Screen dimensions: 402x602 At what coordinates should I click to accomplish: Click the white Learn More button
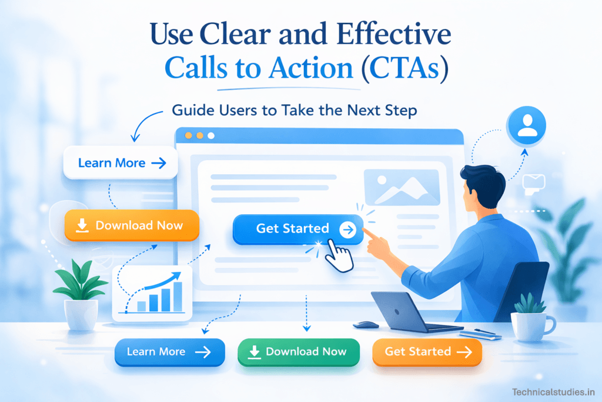coord(121,162)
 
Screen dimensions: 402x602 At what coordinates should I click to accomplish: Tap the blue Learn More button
coord(169,352)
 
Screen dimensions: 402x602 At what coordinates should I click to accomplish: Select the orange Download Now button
coord(132,225)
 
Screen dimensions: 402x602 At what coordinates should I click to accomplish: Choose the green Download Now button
coord(298,352)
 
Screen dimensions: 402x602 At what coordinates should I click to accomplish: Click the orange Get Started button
coord(427,352)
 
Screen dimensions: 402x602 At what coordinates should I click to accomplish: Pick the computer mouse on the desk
coord(366,324)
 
